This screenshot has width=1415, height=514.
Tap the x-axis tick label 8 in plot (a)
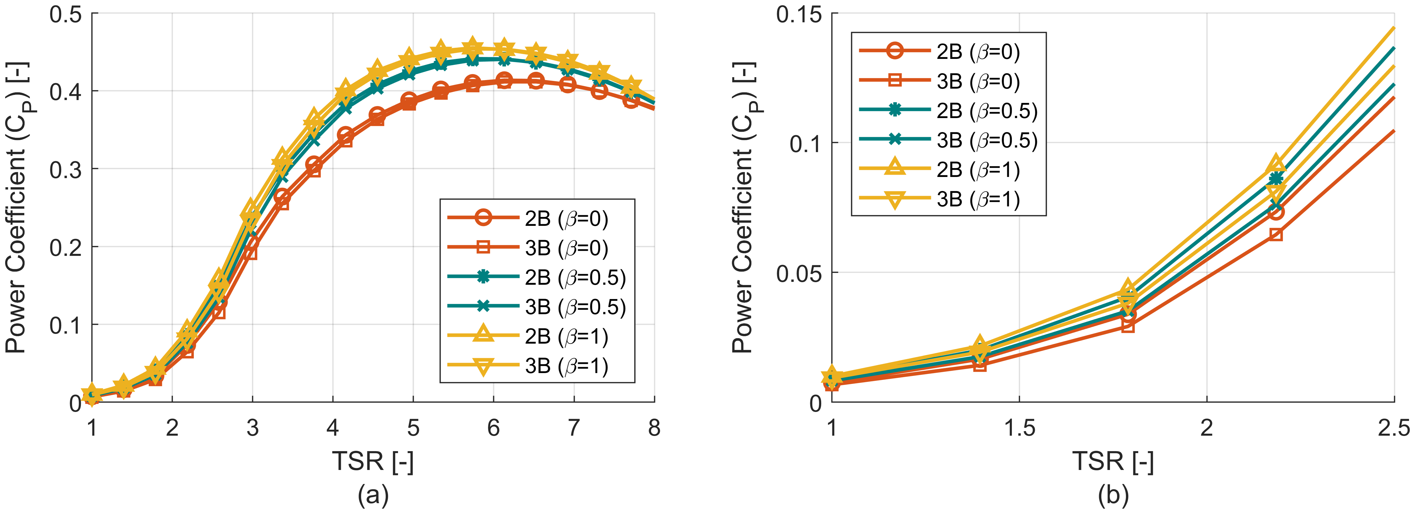(x=654, y=427)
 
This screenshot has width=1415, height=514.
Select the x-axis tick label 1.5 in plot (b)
(x=1019, y=427)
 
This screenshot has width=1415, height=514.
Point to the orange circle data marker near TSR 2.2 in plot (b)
(x=1276, y=212)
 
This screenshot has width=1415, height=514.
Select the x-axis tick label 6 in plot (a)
(x=493, y=427)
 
